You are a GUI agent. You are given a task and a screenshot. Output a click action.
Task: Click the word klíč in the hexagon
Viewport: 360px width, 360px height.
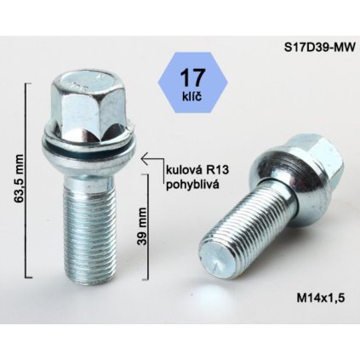click(x=189, y=98)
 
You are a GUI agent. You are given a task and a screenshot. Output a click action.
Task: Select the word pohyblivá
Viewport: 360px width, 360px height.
click(x=194, y=183)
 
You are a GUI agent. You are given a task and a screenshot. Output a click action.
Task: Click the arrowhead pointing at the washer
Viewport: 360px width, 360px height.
click(x=145, y=157)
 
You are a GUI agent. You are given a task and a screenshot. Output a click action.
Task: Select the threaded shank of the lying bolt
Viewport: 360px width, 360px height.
click(x=247, y=230)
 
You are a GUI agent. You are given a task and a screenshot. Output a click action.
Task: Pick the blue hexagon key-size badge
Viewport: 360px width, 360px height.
click(x=189, y=83)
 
